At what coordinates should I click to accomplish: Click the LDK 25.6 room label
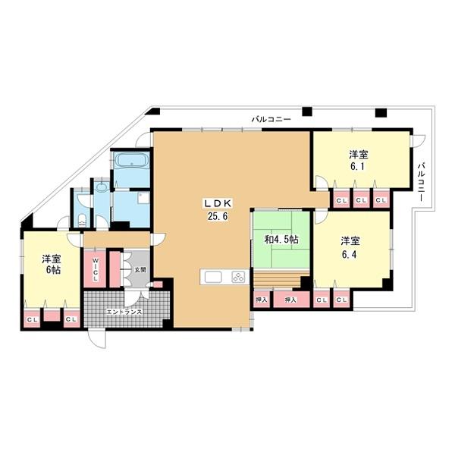click(x=218, y=209)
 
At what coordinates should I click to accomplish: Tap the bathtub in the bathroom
click(x=132, y=162)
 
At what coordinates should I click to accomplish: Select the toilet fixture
click(x=82, y=221)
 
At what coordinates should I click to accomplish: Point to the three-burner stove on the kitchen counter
click(x=238, y=277)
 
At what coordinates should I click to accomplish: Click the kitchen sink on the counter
click(x=213, y=277)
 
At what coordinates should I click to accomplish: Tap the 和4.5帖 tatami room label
click(x=281, y=240)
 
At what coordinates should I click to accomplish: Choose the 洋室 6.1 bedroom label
click(x=358, y=160)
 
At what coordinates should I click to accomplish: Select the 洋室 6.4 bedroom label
click(x=350, y=247)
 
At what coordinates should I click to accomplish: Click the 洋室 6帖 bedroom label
click(x=51, y=264)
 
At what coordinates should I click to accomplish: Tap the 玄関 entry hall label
click(x=140, y=269)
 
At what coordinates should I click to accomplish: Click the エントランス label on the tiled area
click(x=124, y=312)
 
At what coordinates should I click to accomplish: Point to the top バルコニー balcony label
click(x=271, y=119)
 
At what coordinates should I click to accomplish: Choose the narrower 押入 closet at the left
click(x=262, y=300)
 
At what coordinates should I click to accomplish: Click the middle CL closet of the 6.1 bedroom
click(x=361, y=199)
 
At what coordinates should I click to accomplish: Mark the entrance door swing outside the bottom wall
click(x=97, y=339)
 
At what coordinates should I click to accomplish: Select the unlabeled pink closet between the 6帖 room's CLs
click(x=52, y=315)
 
